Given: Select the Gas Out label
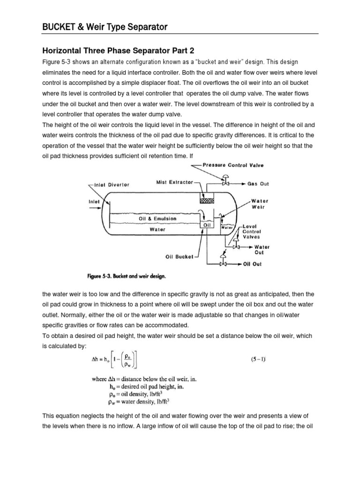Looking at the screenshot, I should (x=258, y=184).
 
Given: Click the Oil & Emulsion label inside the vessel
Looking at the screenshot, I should (x=157, y=218).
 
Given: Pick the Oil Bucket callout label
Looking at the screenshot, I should (x=179, y=256).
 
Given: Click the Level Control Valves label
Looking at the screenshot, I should (x=252, y=232).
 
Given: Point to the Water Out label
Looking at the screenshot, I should (x=262, y=249).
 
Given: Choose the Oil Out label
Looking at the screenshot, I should (x=253, y=264).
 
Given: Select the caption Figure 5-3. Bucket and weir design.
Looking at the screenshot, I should (x=126, y=277).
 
